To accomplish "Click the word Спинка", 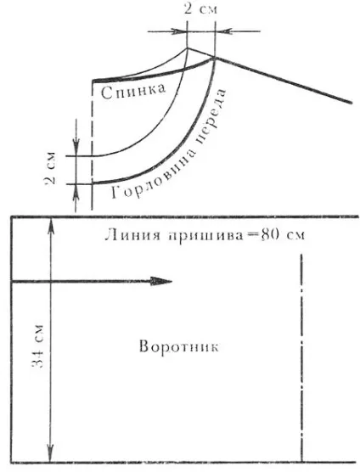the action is tap(133, 91).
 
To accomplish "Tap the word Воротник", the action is tap(179, 346).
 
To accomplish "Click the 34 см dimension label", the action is tap(38, 346).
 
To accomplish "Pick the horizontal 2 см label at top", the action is tap(200, 9).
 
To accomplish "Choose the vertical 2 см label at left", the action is tap(50, 168).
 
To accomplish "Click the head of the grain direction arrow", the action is tap(161, 282).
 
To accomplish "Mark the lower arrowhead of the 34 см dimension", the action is tap(51, 453).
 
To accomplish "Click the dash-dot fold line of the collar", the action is tap(301, 357).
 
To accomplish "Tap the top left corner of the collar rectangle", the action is tap(11, 216).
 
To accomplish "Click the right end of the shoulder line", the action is tap(351, 103).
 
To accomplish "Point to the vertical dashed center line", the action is tap(92, 145).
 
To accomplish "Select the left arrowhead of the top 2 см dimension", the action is tap(180, 31).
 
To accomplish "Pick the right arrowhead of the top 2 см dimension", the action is tap(223, 31).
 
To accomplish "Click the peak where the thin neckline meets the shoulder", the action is tap(188, 48).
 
